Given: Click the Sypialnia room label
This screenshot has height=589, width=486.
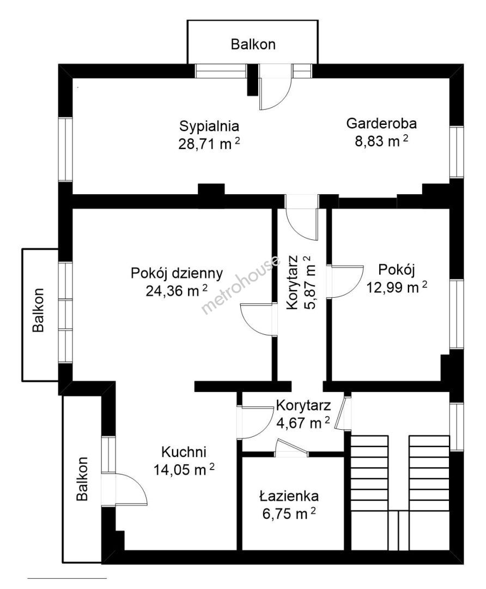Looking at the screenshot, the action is point(209,126).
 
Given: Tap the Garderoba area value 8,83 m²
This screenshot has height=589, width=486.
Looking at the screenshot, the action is point(382,141).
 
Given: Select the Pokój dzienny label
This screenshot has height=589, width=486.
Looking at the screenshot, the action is point(177,273).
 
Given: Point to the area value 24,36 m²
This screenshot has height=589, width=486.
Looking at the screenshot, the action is point(177,290).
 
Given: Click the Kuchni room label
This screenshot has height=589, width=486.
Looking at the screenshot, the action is point(184,452).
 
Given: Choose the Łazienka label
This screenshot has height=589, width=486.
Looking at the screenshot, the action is point(289,496).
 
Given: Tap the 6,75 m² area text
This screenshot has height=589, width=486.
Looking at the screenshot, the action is point(289,513).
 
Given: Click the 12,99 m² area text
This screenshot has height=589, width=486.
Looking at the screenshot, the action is point(397,287).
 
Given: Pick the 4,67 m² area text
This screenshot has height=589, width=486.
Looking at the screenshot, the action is point(303,423).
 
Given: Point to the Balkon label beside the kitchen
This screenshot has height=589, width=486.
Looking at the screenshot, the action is point(82,479).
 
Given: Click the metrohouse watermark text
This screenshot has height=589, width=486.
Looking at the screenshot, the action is point(241,285).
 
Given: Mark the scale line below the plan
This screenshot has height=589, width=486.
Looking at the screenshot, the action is point(67,578).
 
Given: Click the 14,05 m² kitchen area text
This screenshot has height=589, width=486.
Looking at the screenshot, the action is point(184,469).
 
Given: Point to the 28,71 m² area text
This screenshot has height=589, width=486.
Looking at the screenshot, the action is point(209,143).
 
